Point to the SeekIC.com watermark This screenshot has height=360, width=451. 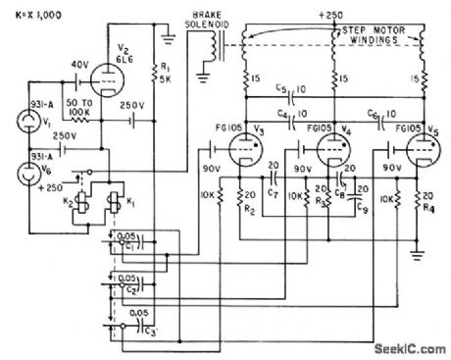click(407, 348)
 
